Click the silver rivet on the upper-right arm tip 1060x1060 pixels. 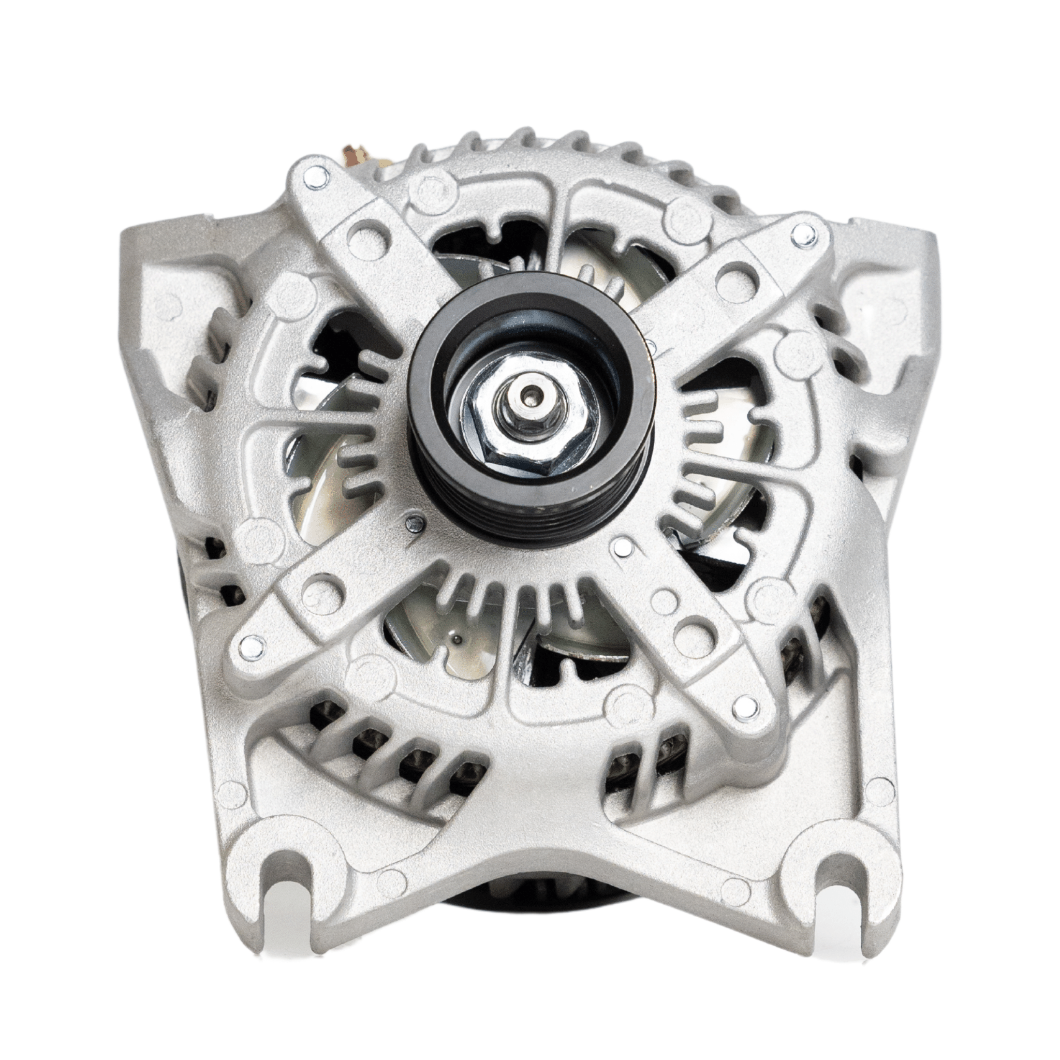pyautogui.click(x=799, y=237)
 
